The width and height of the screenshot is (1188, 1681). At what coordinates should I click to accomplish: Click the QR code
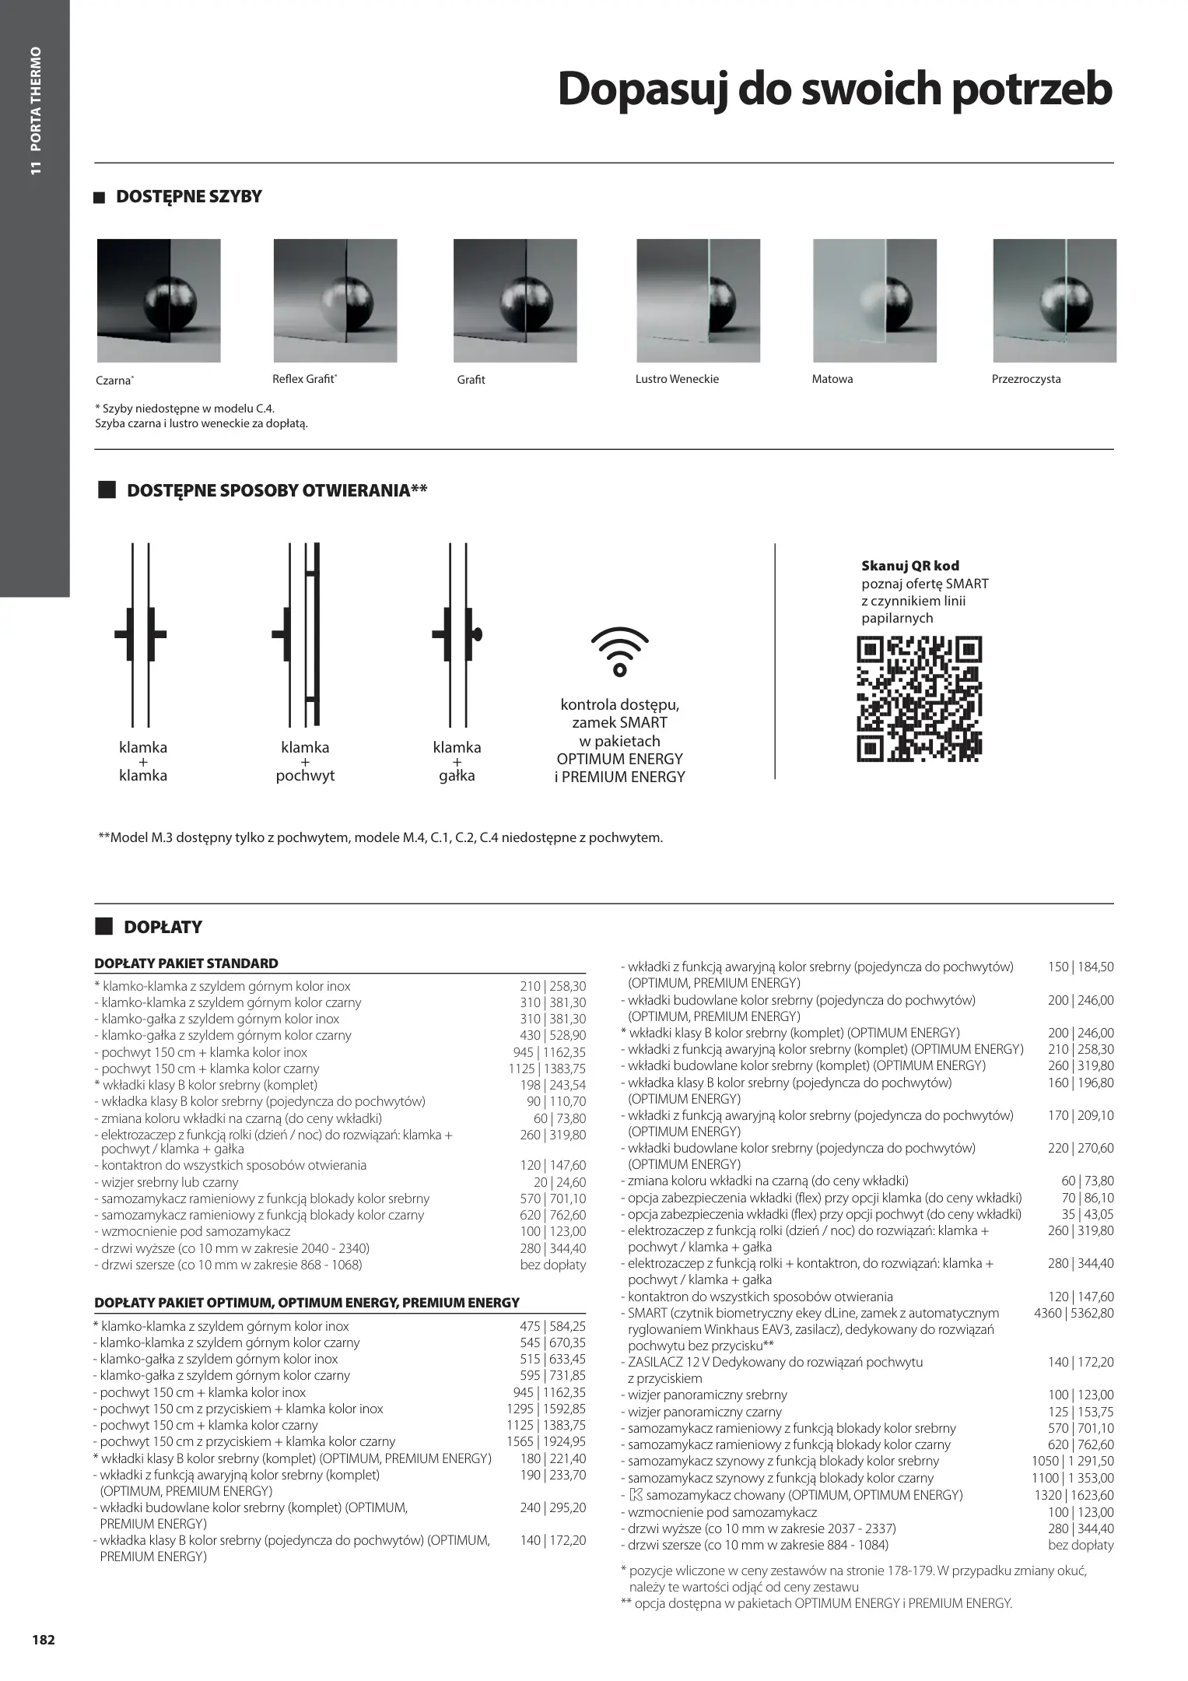[x=919, y=698]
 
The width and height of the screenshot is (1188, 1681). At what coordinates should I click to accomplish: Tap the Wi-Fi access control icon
[x=619, y=651]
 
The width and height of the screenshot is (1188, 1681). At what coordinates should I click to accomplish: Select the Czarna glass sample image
[x=159, y=300]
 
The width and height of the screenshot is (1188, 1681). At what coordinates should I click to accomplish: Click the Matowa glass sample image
[x=874, y=300]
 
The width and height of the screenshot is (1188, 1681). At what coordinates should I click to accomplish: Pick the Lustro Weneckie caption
[x=677, y=379]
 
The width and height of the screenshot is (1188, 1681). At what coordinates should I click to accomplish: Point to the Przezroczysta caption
[x=1026, y=379]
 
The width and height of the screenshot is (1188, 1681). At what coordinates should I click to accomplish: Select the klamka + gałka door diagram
[x=457, y=634]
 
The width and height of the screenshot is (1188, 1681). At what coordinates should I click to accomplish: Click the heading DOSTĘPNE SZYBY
[x=188, y=197]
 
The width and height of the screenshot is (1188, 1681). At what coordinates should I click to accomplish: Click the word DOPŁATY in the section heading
[x=163, y=927]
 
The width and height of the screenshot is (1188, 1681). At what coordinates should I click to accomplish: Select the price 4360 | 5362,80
[x=1074, y=1313]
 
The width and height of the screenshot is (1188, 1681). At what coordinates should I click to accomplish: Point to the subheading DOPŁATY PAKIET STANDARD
[x=186, y=963]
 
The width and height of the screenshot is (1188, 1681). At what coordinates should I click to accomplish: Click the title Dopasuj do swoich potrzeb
[x=835, y=89]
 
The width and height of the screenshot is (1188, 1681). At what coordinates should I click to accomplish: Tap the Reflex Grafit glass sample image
[x=335, y=300]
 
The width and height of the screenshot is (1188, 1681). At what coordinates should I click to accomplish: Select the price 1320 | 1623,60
[x=1073, y=1494]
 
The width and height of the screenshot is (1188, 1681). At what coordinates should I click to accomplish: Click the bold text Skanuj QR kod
[x=910, y=566]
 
